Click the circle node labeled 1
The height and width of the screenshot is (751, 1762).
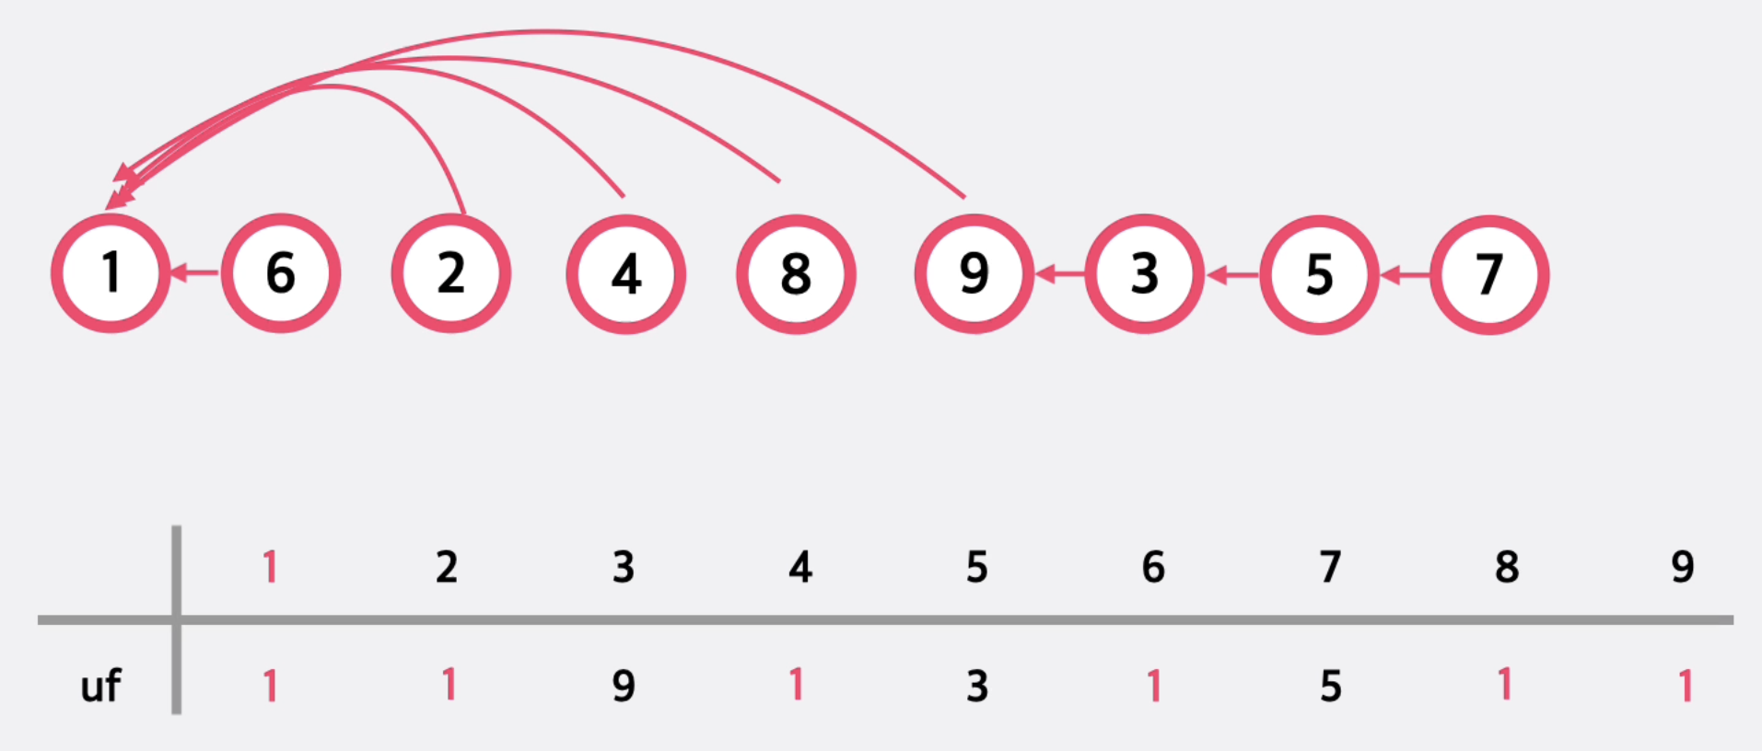(111, 273)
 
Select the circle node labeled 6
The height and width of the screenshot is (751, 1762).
(281, 273)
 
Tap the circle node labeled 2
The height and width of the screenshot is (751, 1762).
(451, 273)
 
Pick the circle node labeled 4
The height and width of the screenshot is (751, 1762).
(625, 274)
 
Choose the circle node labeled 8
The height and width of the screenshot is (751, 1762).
(796, 274)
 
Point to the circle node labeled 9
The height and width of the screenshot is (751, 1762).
(974, 273)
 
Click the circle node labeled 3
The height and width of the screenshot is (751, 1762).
(1144, 273)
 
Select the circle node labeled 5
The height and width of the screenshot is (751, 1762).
(1319, 274)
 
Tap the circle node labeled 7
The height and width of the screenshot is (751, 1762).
(1489, 274)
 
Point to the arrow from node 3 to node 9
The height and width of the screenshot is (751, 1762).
(1059, 273)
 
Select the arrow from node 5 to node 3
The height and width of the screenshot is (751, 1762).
(1232, 274)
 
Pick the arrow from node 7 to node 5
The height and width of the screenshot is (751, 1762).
(1406, 274)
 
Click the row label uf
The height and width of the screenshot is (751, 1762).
(100, 686)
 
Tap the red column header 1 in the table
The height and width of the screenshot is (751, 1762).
(270, 567)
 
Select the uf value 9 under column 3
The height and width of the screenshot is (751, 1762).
(624, 686)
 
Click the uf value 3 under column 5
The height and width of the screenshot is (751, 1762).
(977, 686)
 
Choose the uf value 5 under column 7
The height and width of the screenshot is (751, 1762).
(1330, 686)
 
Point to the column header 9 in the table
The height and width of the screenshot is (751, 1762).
(1683, 567)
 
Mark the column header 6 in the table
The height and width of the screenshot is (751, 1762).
(1153, 567)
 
